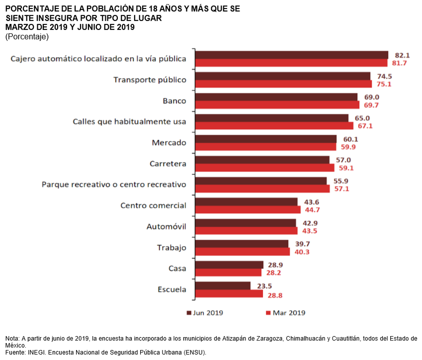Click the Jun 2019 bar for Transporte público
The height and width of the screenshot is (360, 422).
282,76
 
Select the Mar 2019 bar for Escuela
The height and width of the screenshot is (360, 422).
229,294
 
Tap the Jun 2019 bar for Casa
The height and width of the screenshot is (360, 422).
229,265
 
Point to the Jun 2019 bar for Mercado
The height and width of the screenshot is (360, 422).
265,139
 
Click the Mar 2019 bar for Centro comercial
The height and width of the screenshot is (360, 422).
247,210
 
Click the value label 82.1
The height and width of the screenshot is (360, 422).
402,55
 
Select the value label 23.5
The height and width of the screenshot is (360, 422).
264,285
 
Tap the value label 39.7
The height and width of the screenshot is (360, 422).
302,244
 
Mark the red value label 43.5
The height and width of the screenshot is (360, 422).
312,231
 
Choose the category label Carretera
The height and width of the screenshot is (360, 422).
168,164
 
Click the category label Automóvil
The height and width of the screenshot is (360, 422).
166,227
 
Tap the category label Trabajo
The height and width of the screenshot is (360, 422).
171,248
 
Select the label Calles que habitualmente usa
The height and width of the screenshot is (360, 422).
129,122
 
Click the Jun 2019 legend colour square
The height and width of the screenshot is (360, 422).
189,313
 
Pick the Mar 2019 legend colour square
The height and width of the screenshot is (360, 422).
268,313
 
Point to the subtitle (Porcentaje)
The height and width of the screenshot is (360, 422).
27,37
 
